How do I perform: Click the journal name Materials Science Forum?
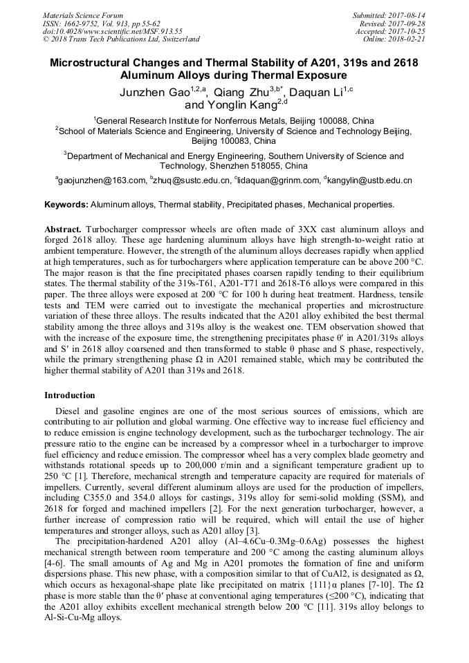82,15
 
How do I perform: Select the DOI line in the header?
112,31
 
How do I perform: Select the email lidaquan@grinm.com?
277,180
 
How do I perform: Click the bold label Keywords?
66,205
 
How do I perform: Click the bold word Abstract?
64,229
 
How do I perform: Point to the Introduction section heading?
70,395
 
